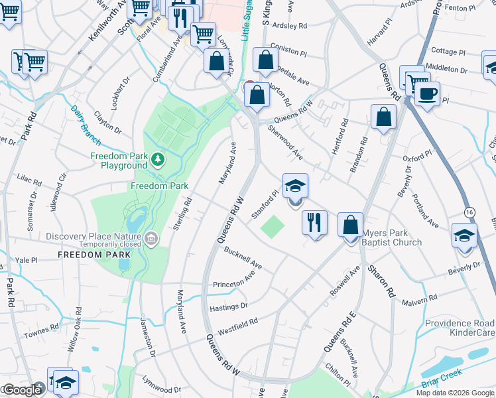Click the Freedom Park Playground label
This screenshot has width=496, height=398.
pos(118,161)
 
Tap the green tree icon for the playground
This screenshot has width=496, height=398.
pos(157,159)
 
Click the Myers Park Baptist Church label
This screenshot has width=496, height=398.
pos(391,237)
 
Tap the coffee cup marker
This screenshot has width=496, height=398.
pos(428,93)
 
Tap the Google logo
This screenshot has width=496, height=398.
pos(22,390)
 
